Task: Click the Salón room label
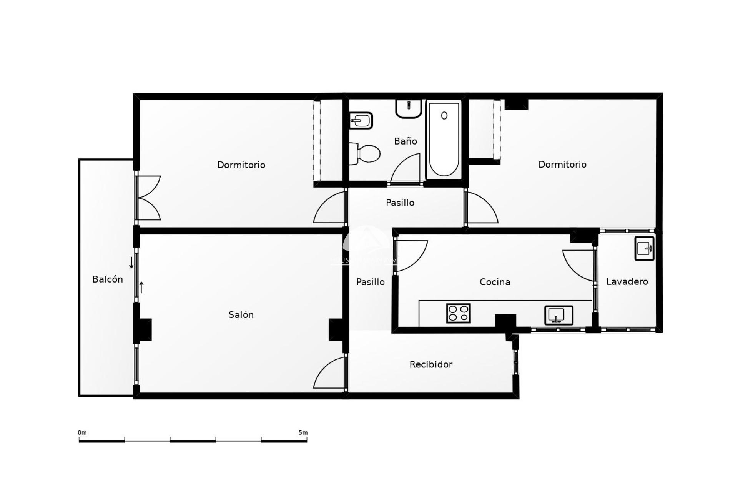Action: click(x=241, y=315)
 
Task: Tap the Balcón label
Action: click(x=108, y=279)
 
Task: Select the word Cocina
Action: click(x=495, y=282)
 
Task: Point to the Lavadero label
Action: click(x=627, y=282)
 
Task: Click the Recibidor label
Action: click(x=430, y=364)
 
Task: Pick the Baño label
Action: click(x=405, y=141)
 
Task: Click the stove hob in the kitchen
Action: click(x=459, y=313)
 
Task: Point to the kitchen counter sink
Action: click(x=558, y=315)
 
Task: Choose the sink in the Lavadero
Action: click(x=644, y=249)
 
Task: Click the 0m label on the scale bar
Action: click(x=82, y=433)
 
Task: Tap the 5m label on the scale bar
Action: click(x=303, y=433)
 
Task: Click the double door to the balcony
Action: click(x=148, y=198)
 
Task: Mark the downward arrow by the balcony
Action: click(x=131, y=263)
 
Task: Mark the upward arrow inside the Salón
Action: click(x=141, y=287)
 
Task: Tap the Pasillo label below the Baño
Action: click(x=400, y=203)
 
